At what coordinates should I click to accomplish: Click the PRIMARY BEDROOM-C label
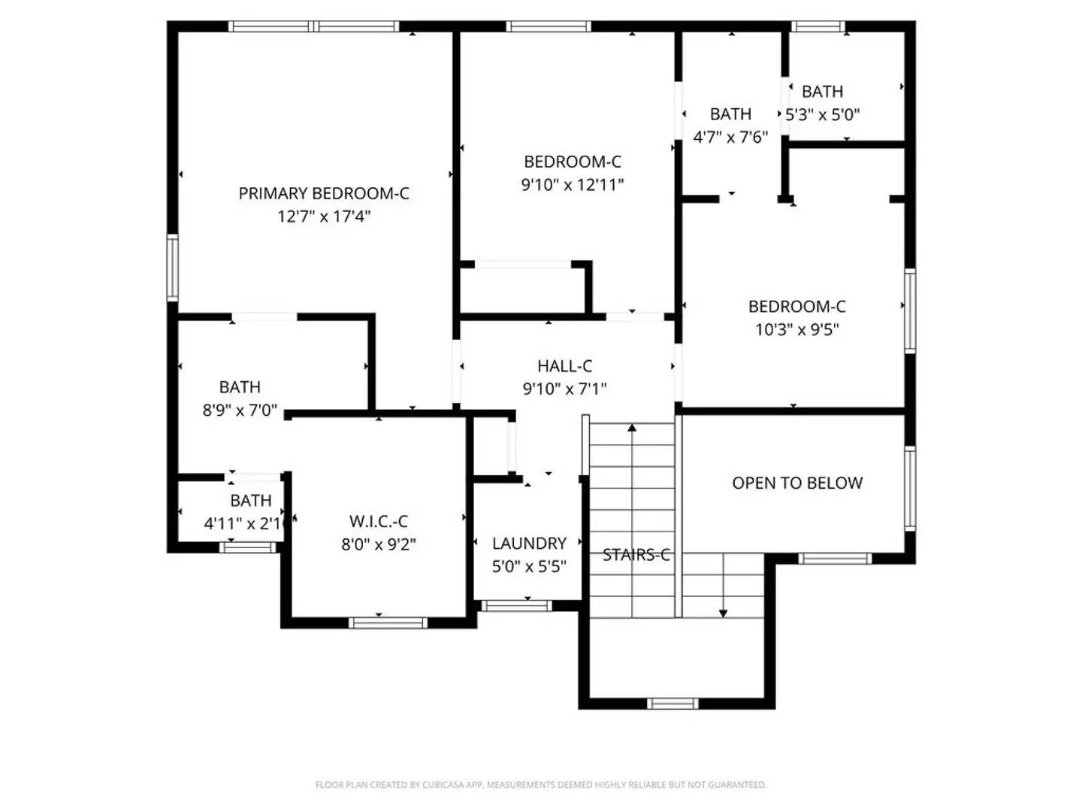coord(324,193)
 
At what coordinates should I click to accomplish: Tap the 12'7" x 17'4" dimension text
coord(324,217)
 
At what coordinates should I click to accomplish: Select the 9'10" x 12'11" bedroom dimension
coord(573,184)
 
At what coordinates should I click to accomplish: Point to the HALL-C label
coord(564,366)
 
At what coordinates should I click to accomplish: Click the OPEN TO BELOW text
coord(797,483)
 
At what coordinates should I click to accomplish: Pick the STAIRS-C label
coord(636,555)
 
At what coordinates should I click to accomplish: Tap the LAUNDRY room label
coord(529,543)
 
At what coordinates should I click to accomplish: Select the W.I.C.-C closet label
coord(379,521)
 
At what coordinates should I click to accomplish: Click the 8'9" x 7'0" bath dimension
coord(240,411)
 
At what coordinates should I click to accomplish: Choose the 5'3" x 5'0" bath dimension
coord(822,115)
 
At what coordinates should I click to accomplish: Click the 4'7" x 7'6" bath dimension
coord(730,137)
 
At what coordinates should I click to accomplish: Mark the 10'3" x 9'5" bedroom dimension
coord(796,329)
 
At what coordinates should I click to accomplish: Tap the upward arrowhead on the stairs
coord(632,428)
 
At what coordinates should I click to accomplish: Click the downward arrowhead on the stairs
coord(723,613)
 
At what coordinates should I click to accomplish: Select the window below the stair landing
coord(672,704)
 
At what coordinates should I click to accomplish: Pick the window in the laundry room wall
coord(516,605)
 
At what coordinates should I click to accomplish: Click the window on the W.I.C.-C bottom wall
coord(388,623)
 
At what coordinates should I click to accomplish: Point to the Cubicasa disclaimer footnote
coord(541,785)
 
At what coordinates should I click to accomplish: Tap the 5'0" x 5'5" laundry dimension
coord(529,566)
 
